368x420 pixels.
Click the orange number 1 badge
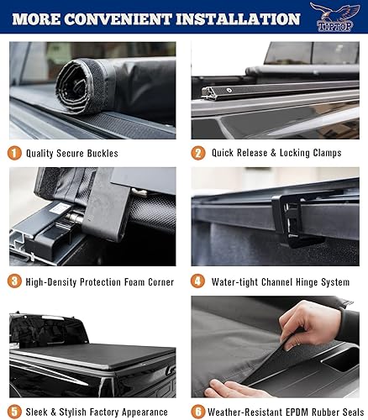pyautogui.click(x=15, y=153)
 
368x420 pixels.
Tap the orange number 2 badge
pyautogui.click(x=198, y=153)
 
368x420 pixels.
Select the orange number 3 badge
pyautogui.click(x=15, y=281)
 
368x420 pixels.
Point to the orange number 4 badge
pyautogui.click(x=198, y=281)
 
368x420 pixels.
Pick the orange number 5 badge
pyautogui.click(x=15, y=412)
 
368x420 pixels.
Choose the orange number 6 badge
pyautogui.click(x=198, y=412)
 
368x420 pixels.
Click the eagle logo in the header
pyautogui.click(x=334, y=17)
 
